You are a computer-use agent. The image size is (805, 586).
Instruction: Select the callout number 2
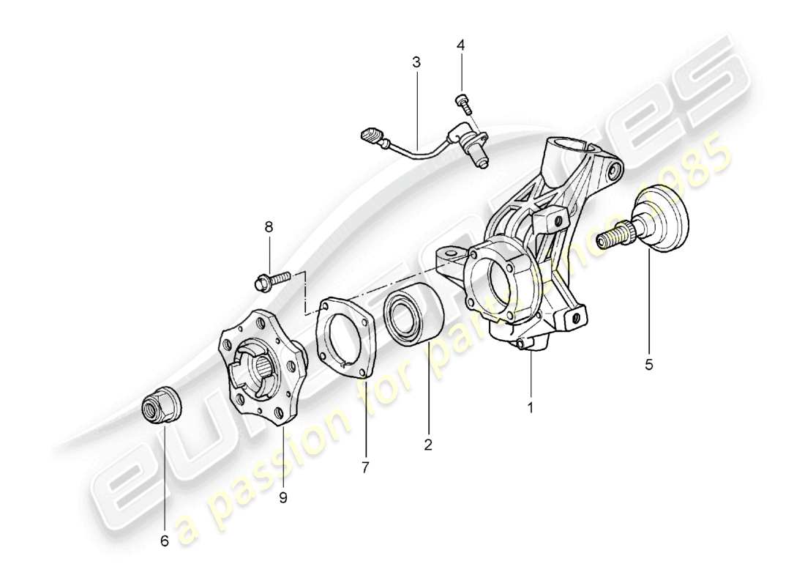point(428,444)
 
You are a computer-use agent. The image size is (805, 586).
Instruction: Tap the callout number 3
point(416,62)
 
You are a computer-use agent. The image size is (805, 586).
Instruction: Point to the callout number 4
point(460,45)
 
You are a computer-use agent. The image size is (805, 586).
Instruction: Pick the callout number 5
point(649,363)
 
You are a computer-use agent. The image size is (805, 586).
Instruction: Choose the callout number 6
point(164,541)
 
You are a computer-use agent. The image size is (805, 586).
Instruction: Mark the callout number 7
point(364,466)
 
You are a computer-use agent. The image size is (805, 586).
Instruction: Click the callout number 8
point(269,228)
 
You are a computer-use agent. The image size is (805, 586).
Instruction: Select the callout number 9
point(282,497)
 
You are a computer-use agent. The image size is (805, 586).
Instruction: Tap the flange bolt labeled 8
point(272,278)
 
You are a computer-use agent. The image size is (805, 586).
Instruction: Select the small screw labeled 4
point(463,103)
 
